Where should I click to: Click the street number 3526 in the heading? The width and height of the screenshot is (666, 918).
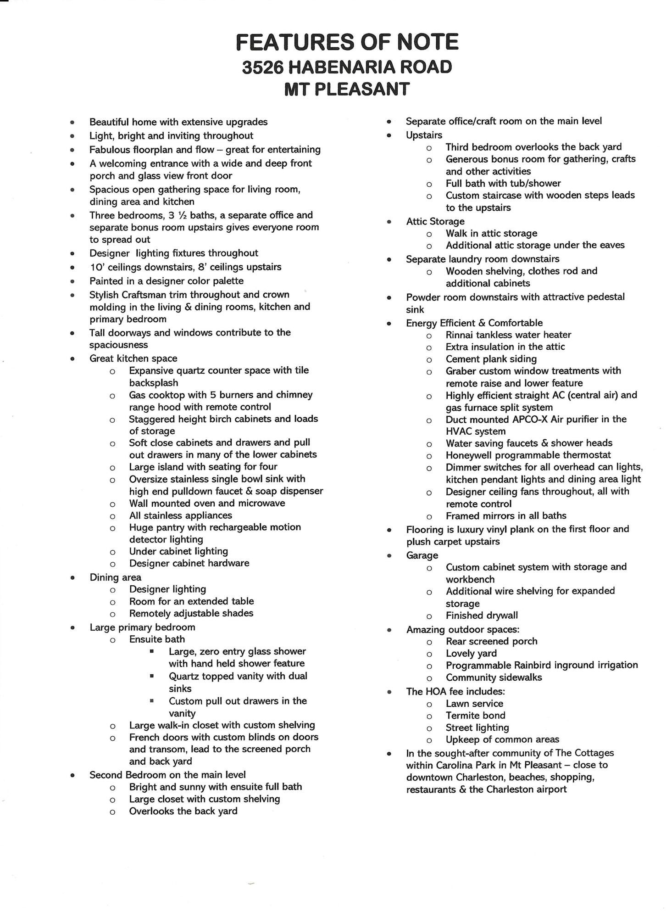coord(263,67)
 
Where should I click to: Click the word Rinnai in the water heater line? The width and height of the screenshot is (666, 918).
coord(461,335)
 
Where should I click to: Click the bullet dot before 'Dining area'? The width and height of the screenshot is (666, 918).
coord(72,578)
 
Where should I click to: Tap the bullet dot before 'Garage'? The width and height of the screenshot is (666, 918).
coord(389,556)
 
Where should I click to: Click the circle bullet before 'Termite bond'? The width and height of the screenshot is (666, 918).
coord(429,716)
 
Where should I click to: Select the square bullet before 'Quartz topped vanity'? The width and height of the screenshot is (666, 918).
coord(151,676)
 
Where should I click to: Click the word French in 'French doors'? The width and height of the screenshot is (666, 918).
coord(144,737)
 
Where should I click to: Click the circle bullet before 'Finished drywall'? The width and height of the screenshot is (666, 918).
coord(429,616)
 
